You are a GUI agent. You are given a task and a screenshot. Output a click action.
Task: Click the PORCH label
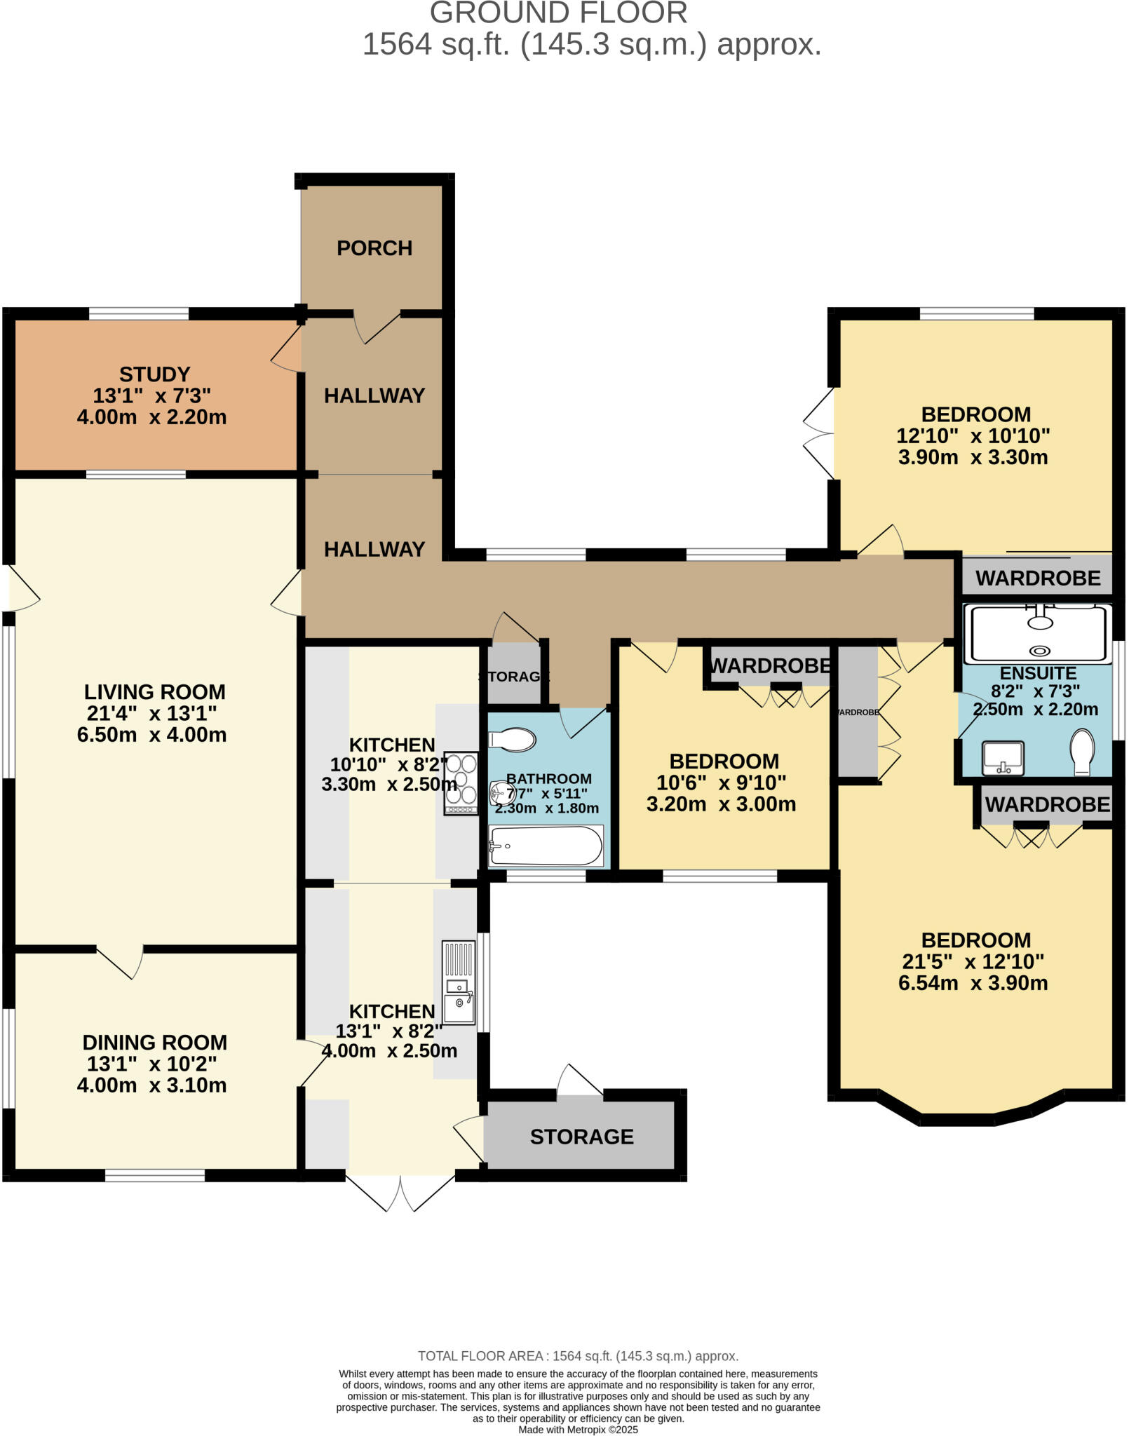(x=374, y=248)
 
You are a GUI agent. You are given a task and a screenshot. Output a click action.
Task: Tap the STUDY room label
(x=154, y=374)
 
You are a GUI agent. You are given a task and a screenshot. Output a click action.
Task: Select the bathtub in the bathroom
(x=546, y=846)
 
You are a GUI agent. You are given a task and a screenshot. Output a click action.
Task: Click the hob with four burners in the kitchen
(x=461, y=783)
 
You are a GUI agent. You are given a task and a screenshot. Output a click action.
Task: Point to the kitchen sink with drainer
(x=459, y=982)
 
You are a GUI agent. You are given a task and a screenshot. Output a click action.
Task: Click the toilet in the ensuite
(x=1083, y=752)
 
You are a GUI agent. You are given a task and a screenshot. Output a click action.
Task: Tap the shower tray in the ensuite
(x=1037, y=634)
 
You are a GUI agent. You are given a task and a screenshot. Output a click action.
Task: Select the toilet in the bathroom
(x=513, y=739)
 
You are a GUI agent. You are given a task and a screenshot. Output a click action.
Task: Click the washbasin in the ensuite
(x=1003, y=757)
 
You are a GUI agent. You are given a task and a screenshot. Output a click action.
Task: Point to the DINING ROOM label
(x=154, y=1043)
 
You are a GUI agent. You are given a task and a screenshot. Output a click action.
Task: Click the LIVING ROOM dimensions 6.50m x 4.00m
(x=151, y=735)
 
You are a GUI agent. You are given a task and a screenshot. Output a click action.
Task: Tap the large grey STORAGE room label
(x=581, y=1137)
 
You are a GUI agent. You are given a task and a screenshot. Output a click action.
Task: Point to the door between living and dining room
(x=121, y=961)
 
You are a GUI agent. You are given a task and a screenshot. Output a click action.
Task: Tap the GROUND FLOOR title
(x=558, y=13)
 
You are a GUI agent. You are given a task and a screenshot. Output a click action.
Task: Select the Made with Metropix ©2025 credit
(x=578, y=1430)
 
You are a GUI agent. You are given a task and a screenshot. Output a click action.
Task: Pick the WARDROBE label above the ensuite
(x=1038, y=578)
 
